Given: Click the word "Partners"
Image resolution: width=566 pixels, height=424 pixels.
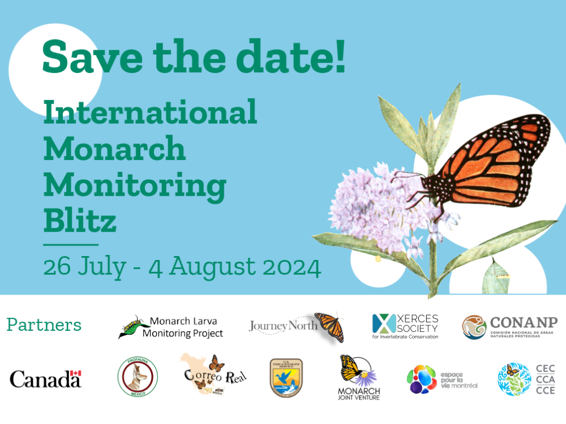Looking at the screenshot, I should [44, 326].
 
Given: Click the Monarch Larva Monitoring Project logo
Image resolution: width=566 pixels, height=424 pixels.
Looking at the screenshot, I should [170, 327].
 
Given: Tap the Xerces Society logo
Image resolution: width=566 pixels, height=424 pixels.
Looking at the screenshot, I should [405, 326].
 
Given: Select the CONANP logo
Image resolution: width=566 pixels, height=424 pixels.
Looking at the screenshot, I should [509, 327].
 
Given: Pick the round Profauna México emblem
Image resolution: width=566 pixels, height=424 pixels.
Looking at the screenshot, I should [138, 377].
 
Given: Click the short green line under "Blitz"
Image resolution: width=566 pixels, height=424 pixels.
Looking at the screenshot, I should [71, 245].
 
